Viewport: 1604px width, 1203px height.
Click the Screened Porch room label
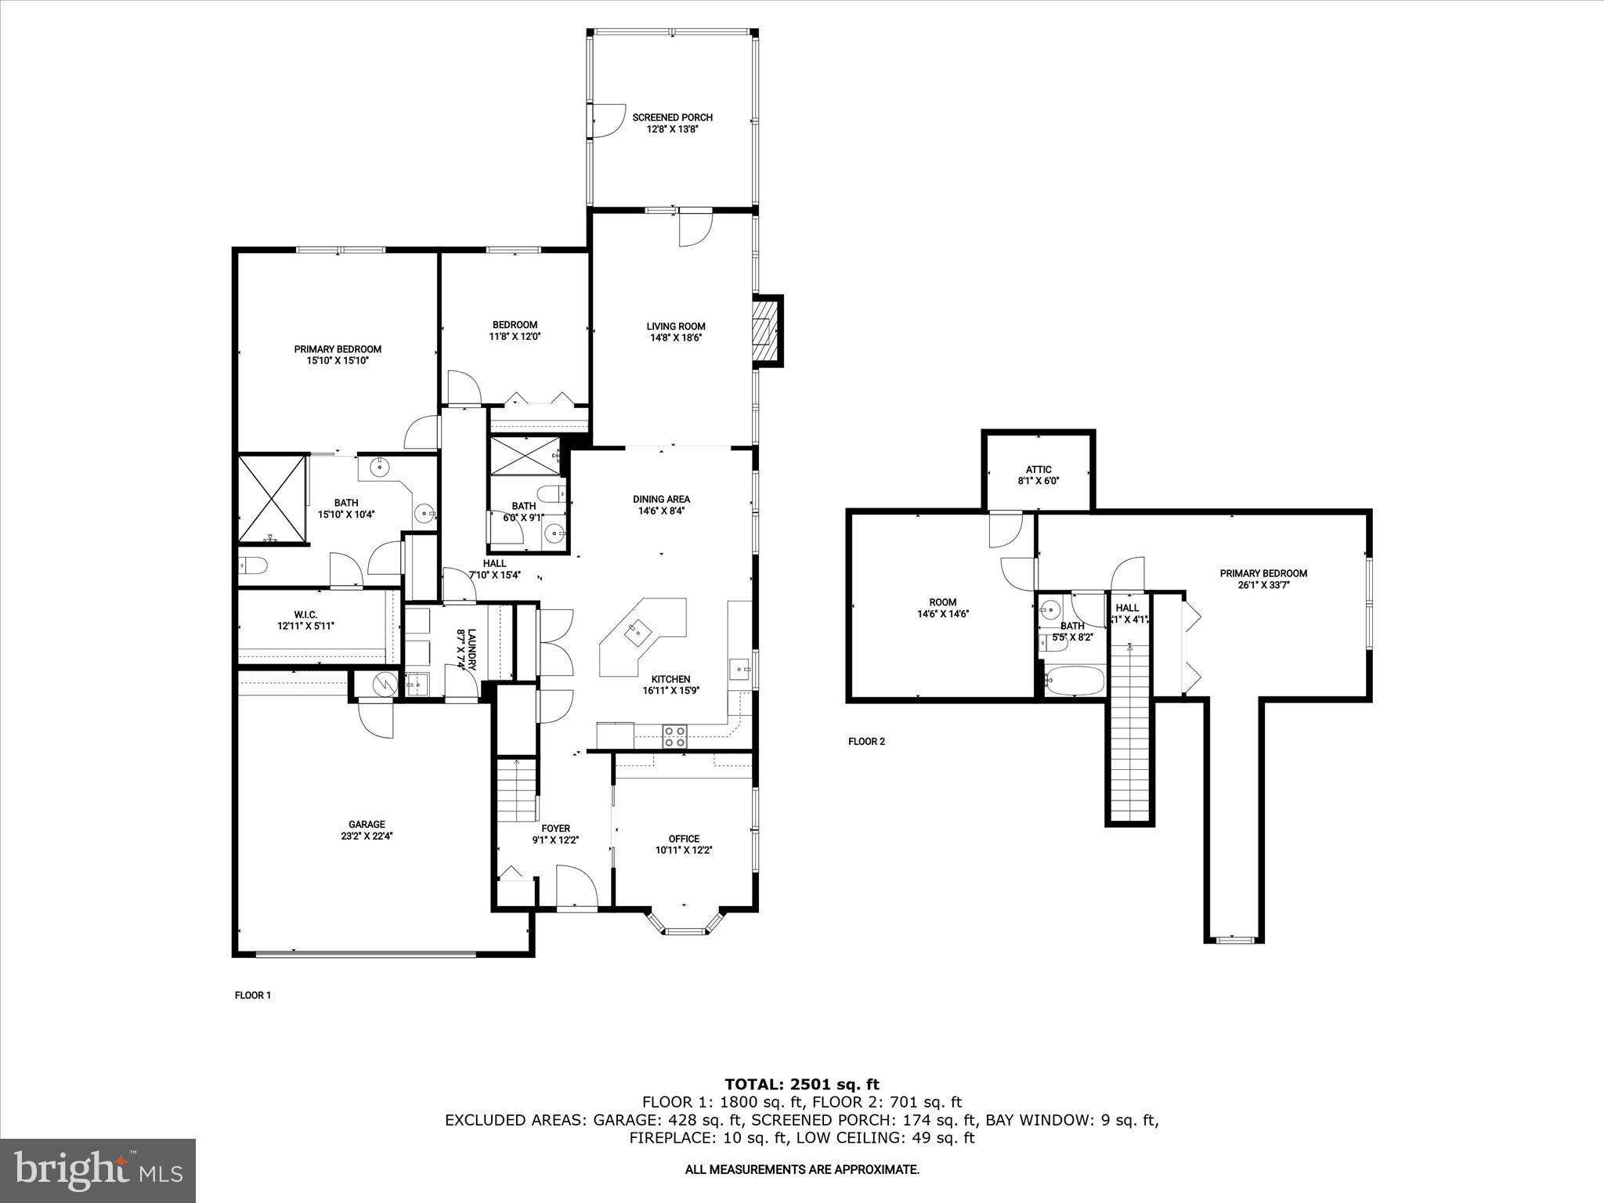tap(672, 117)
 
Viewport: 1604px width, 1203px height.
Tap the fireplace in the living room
tap(764, 331)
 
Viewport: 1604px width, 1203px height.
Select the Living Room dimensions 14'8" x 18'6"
tap(675, 338)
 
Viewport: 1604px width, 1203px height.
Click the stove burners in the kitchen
tap(675, 735)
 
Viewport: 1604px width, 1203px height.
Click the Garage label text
tap(367, 824)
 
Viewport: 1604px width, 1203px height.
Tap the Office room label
tap(683, 839)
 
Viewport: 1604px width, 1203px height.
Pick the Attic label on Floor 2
tap(1039, 470)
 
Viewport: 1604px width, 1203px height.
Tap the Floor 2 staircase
tap(1129, 736)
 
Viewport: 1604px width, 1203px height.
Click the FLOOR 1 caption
tap(253, 995)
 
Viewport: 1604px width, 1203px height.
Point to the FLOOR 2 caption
tap(866, 741)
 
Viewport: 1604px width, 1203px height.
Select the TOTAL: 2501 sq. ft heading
tap(801, 1085)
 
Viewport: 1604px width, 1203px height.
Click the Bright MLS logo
tap(98, 1170)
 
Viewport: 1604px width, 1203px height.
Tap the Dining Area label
tap(661, 499)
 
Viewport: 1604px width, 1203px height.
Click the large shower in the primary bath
tap(271, 498)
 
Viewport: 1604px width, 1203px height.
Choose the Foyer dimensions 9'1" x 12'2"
tap(555, 840)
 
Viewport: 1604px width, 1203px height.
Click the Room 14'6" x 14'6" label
tap(943, 609)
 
